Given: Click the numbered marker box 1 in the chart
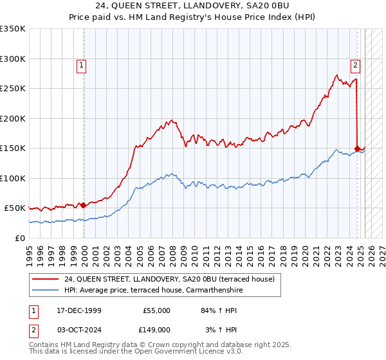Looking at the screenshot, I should tap(82, 64).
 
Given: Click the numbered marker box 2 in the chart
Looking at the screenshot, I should tap(355, 64).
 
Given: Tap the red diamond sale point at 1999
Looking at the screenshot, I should tap(83, 205).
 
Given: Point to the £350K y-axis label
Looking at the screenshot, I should tap(13, 29).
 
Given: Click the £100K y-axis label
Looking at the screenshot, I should tap(13, 178).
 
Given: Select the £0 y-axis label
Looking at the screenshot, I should tap(21, 238).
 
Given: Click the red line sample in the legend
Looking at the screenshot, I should tap(46, 279).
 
